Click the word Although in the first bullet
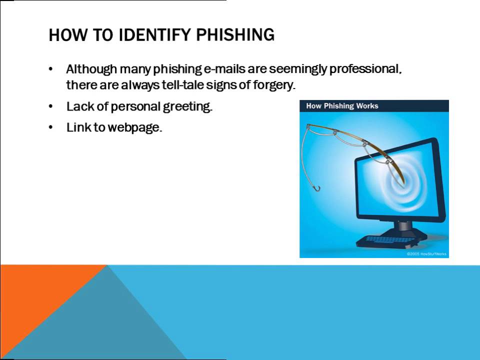[88, 69]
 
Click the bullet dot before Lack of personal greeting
[50, 106]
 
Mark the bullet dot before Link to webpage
[50, 127]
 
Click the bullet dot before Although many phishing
[50, 69]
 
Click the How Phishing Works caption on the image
[342, 106]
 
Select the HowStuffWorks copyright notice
[426, 254]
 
